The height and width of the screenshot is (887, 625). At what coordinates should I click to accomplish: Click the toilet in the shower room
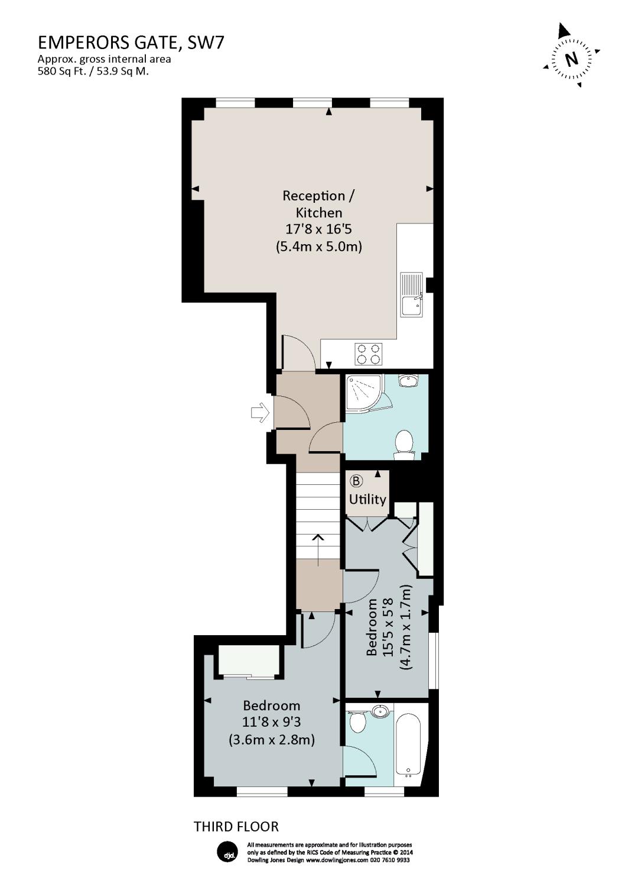point(404,445)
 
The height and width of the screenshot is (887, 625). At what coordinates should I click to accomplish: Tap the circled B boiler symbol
point(356,481)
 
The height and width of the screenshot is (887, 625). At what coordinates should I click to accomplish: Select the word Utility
point(367,500)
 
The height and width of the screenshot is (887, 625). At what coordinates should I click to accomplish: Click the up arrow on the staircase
point(318,549)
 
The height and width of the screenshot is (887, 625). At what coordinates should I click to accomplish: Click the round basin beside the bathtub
point(381,711)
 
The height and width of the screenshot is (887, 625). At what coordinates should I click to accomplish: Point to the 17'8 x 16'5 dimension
point(319,229)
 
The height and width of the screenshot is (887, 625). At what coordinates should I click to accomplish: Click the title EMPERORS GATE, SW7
point(131,43)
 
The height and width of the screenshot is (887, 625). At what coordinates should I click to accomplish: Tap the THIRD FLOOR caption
point(236,827)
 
